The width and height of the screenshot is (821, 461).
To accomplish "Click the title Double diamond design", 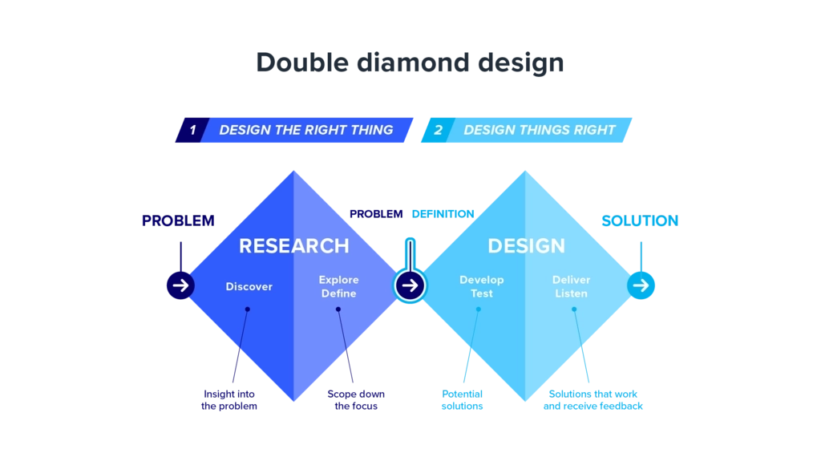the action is coord(410,63).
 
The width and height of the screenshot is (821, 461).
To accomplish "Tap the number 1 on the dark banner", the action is coord(192,130).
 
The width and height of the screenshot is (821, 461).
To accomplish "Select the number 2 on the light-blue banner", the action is coord(439,130).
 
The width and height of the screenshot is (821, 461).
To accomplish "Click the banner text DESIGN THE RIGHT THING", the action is coord(305,130).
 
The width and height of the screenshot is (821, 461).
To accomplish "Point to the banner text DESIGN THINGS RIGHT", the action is coord(540,130).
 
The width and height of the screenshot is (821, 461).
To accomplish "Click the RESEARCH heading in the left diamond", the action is coord(293,245).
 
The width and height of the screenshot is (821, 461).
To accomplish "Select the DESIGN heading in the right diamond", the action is coord(526,245).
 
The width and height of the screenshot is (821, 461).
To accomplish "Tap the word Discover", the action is coord(249,286).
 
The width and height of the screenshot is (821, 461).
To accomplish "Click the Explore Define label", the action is coord(339,286).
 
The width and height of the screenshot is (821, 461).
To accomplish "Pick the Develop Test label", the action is coord(482,286).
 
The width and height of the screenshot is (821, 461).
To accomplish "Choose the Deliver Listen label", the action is coord(571,286).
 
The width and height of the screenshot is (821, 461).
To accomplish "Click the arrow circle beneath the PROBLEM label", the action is coord(180,285).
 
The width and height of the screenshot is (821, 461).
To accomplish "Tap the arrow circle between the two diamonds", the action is coord(410,285).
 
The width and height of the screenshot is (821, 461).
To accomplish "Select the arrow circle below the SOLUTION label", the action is coord(641,285).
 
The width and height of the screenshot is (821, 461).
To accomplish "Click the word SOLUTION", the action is coord(640,221).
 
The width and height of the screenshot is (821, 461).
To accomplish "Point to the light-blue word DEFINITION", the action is coord(443,214).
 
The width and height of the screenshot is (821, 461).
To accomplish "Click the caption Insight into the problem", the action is coord(229,400).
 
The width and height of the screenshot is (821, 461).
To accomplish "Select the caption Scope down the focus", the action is coord(356,400).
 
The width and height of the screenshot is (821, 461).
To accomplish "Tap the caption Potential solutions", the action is coord(462,400).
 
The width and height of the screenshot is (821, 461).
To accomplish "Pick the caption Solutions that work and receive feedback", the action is coord(592,400).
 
